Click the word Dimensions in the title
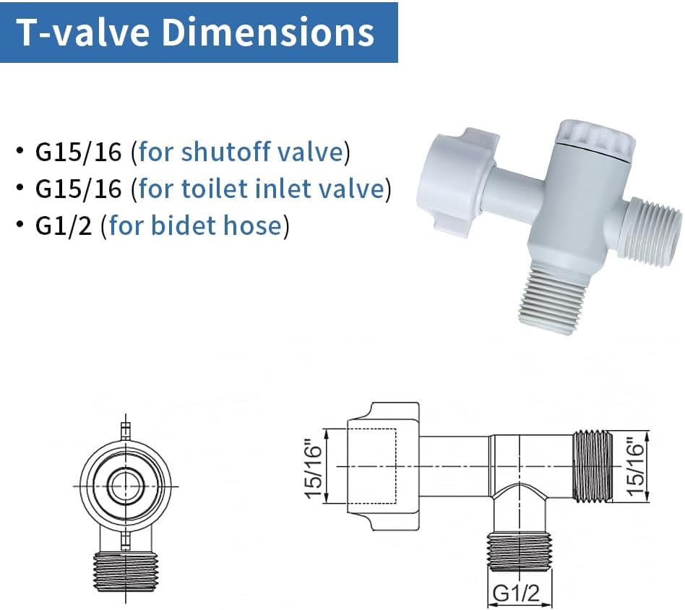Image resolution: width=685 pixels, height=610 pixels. point(268,32)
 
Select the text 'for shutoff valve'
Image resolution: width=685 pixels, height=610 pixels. point(241,152)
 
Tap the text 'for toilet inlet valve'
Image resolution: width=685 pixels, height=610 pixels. point(261,189)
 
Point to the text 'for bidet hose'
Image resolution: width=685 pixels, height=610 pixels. point(195,225)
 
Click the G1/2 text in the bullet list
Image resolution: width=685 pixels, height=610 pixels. point(64,225)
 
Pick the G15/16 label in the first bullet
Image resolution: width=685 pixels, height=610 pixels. point(79,152)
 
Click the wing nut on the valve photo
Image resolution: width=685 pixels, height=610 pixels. point(457,182)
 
